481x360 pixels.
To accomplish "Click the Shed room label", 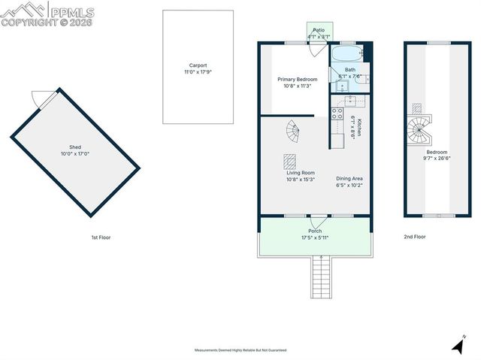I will click(x=74, y=147).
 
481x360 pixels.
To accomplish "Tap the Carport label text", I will click(x=198, y=65).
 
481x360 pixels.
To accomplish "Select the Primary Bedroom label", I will click(x=297, y=79).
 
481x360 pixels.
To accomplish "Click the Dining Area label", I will click(x=349, y=178).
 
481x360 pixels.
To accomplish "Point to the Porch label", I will click(x=316, y=231).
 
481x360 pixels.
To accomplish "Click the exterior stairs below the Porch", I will click(x=320, y=277).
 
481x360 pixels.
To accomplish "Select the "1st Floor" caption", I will click(x=101, y=237).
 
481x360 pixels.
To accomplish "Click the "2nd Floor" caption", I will click(x=414, y=237).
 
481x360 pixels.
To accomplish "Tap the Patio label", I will click(x=319, y=29).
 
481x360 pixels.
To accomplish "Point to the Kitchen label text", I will click(x=360, y=128).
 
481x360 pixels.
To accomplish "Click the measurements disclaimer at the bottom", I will click(x=240, y=350).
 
